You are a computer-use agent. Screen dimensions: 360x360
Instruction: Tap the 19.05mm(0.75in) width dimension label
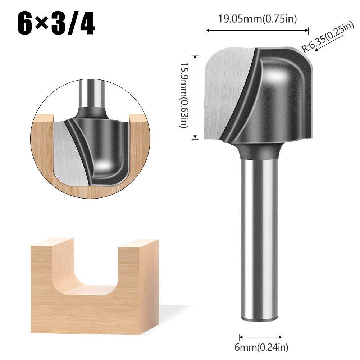coord(258,19)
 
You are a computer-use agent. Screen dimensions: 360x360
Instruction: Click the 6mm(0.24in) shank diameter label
coord(261,347)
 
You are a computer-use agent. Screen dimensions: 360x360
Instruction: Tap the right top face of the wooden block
coord(138,243)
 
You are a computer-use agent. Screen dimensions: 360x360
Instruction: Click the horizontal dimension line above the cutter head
coord(258,31)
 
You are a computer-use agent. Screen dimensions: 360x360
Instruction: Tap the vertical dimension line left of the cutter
coord(195,97)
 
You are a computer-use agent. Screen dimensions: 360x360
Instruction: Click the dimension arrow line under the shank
coord(261,337)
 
